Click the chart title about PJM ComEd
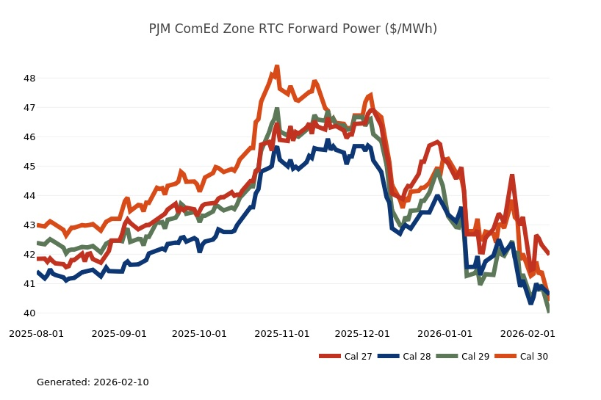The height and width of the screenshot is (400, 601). (292, 29)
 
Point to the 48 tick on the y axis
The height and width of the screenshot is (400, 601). (29, 79)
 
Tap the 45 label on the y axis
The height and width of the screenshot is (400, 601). (29, 167)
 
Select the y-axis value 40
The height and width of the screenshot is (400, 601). (29, 313)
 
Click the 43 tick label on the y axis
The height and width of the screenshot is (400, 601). (29, 225)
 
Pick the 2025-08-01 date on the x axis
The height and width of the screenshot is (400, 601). (37, 333)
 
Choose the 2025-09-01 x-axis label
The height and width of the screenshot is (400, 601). (119, 333)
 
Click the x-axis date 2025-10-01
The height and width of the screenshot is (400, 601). (199, 333)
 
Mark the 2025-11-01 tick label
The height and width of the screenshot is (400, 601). (282, 333)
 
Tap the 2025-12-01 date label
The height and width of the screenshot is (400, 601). (362, 333)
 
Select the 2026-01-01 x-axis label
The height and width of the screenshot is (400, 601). (445, 333)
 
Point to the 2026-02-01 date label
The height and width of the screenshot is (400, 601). (528, 333)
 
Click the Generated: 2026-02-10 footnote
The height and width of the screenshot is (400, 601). (93, 382)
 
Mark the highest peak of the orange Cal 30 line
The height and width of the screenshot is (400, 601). (277, 67)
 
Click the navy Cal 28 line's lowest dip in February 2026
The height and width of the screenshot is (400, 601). (531, 302)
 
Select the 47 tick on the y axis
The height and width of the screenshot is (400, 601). (29, 108)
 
